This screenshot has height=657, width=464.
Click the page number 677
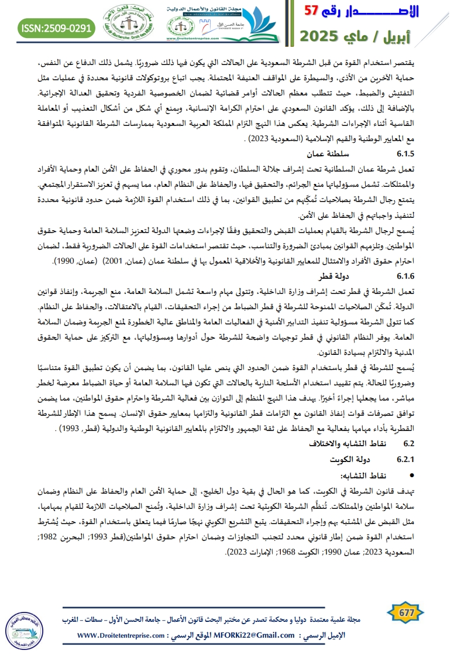pos(405,613)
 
